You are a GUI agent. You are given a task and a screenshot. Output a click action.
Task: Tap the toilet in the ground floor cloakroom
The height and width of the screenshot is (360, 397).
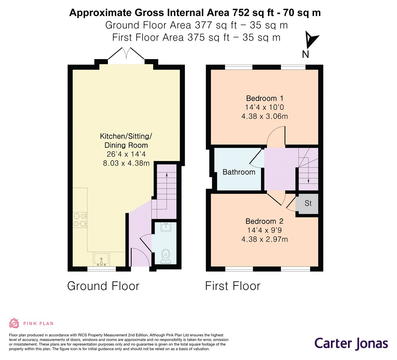click(x=165, y=257)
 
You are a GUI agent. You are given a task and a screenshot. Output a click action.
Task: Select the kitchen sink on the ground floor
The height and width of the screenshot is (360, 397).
click(x=101, y=259)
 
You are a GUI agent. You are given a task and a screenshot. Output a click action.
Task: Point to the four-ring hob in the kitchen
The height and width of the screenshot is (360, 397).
click(x=80, y=220)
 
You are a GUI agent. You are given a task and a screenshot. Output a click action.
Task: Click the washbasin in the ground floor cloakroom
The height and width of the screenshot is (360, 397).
click(x=166, y=227)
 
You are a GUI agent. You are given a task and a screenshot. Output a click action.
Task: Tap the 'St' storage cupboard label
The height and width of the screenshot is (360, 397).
click(x=308, y=203)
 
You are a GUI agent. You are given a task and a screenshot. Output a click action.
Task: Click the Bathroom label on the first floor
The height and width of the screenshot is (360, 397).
click(x=239, y=172)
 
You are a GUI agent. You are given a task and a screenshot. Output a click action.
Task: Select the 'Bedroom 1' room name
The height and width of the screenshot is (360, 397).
click(x=265, y=98)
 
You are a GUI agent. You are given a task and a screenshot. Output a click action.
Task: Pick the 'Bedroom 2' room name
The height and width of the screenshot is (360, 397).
click(x=264, y=221)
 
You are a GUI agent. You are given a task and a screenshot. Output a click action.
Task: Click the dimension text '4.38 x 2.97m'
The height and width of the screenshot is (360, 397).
click(x=265, y=239)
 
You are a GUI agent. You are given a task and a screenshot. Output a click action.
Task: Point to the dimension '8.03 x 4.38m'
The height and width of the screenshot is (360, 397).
click(x=126, y=163)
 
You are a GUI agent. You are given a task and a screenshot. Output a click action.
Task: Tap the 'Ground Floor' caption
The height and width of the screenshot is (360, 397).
click(x=103, y=286)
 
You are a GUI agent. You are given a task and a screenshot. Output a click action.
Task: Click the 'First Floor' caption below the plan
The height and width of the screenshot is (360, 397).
click(x=233, y=286)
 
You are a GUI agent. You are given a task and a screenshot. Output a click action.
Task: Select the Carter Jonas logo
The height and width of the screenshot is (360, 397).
click(x=351, y=343)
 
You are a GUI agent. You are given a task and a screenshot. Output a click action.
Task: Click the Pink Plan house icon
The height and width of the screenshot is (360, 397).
click(x=14, y=323)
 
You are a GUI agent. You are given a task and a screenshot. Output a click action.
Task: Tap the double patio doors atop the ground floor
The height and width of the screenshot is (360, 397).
click(x=126, y=54)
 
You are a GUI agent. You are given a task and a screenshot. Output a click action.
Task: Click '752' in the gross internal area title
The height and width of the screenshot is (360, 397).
click(x=241, y=13)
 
